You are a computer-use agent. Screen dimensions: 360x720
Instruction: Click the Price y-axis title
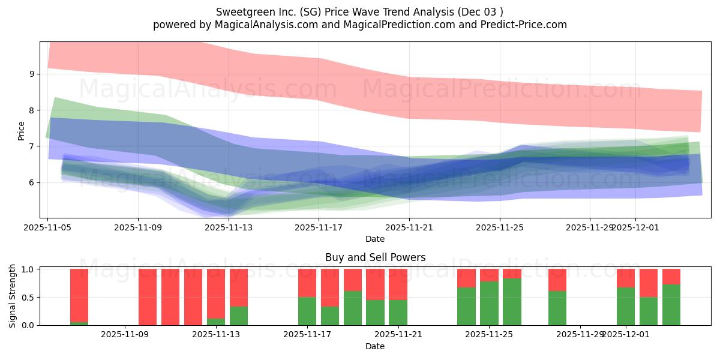(22, 131)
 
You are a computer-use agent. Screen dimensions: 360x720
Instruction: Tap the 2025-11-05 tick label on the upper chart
(48, 227)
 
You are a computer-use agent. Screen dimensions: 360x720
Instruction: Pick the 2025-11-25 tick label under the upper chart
(500, 227)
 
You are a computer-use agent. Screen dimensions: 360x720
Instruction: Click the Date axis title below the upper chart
(375, 239)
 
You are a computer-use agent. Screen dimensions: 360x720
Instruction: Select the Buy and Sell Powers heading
(375, 257)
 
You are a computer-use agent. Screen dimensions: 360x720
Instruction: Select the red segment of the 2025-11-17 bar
(307, 283)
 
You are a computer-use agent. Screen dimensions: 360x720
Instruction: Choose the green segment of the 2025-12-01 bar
(626, 306)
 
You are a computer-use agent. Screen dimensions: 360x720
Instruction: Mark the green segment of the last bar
(671, 305)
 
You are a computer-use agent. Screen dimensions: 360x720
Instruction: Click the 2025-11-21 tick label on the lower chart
(398, 335)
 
